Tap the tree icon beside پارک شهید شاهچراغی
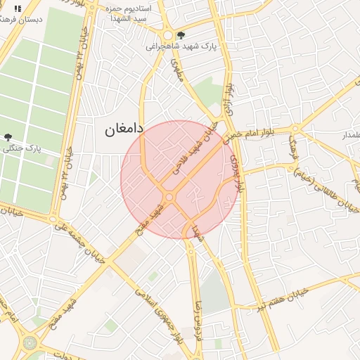(x=181, y=34)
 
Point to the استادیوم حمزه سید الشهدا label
(x=136, y=12)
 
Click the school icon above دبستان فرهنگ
(x=18, y=8)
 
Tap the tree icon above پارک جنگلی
(x=8, y=138)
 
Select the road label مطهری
(x=176, y=71)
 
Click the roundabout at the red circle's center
(x=169, y=198)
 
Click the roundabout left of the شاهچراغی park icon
(x=167, y=35)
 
